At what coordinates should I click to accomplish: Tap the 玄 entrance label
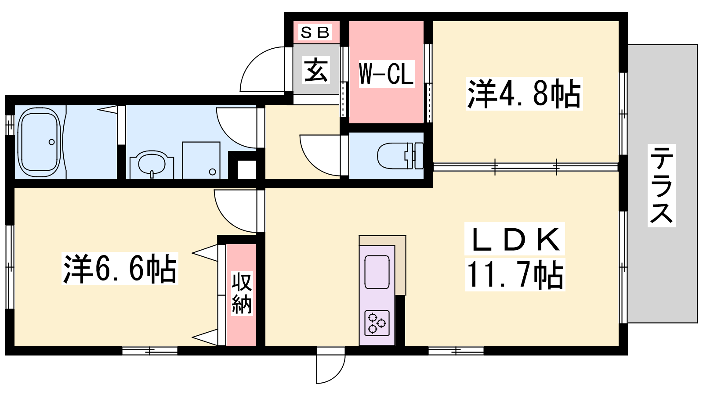(316, 70)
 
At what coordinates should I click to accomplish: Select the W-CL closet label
(386, 74)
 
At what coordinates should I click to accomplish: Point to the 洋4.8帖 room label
(524, 93)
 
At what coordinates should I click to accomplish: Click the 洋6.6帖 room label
(120, 269)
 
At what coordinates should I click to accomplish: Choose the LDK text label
(515, 239)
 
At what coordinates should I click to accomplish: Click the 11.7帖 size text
(515, 275)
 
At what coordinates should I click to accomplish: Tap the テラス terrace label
(661, 186)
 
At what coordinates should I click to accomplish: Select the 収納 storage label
(242, 294)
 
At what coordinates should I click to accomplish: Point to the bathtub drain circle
(52, 142)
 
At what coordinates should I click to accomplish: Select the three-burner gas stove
(377, 323)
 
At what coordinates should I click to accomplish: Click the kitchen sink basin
(377, 272)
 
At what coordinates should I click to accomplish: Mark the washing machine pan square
(201, 161)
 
